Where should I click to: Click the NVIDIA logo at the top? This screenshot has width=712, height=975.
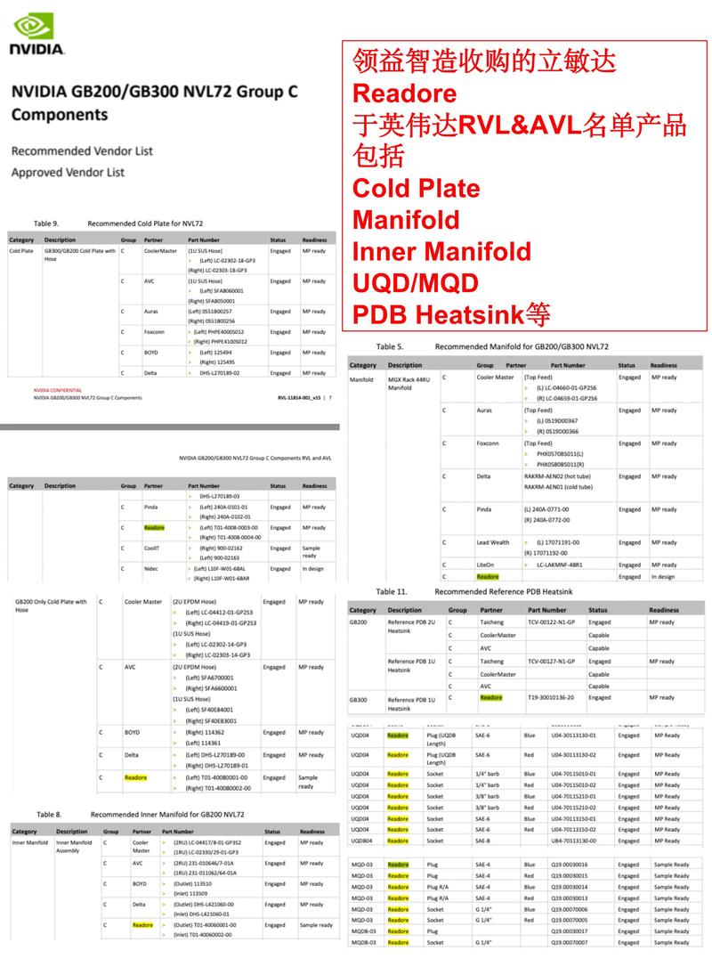[x=36, y=33]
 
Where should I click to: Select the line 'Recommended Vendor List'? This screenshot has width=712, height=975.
[x=68, y=150]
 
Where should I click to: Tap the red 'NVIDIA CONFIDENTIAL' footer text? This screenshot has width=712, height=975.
[x=58, y=390]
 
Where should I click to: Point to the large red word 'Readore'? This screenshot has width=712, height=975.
[x=405, y=93]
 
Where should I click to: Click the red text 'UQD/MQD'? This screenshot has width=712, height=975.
[x=416, y=283]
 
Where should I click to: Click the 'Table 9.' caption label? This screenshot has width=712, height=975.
[x=45, y=223]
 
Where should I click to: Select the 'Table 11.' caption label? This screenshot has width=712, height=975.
[x=391, y=591]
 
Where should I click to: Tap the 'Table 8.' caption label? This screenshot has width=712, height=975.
[x=49, y=814]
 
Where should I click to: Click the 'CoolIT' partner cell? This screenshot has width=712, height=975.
[x=153, y=548]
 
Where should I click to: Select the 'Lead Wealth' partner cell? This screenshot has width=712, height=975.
[x=493, y=542]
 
